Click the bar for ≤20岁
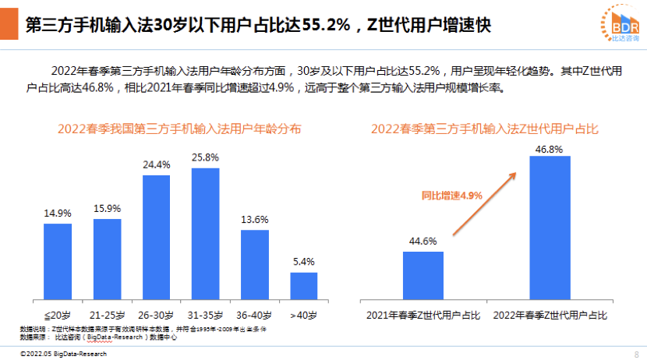pos(58,262)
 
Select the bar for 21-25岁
pos(107,259)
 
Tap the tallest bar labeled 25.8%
pos(205,234)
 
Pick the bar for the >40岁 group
pos(303,285)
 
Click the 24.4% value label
pos(156,164)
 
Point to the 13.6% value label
pos(254,219)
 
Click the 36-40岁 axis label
pos(254,316)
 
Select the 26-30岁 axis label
pos(156,316)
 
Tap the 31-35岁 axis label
pos(205,316)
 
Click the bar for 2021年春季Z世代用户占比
pos(423,275)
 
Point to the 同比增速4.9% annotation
pos(452,195)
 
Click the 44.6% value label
pos(423,241)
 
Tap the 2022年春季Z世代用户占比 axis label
pos(550,316)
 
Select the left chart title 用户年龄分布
pos(179,129)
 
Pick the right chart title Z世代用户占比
pos(484,129)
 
